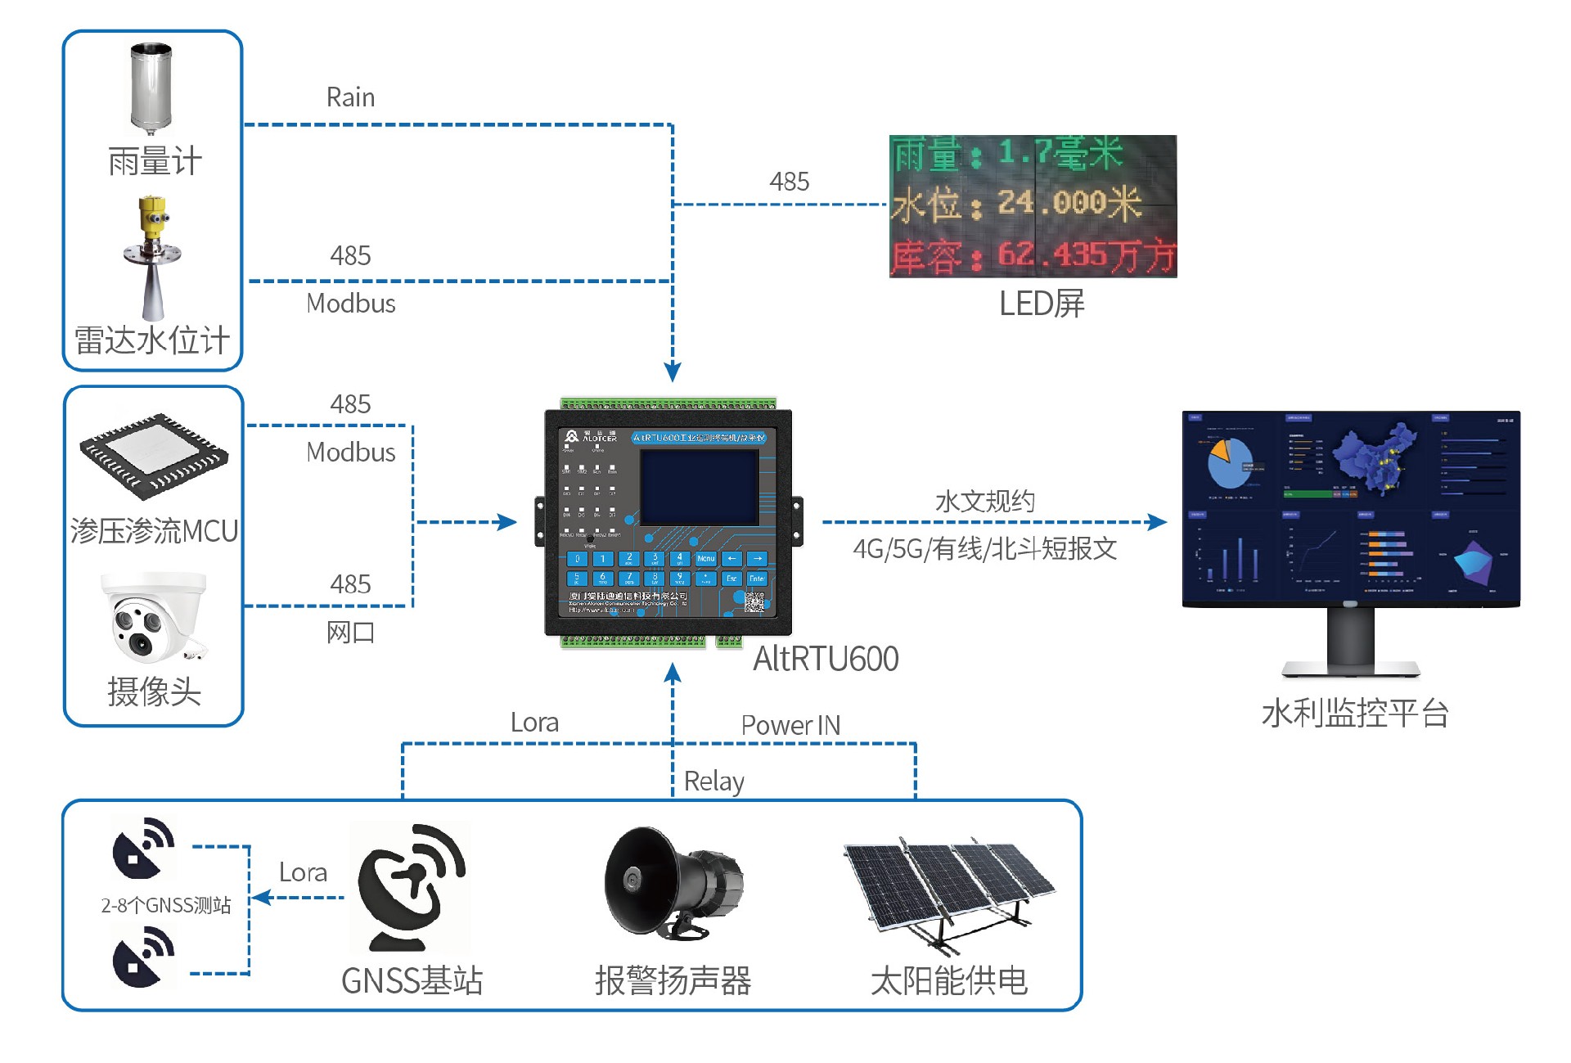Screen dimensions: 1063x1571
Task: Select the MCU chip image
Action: (x=154, y=454)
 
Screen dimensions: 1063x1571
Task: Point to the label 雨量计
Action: (x=155, y=161)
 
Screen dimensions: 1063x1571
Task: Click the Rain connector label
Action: (x=350, y=97)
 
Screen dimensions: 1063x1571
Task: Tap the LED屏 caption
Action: (x=1041, y=304)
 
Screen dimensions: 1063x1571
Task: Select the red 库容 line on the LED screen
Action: (x=1033, y=255)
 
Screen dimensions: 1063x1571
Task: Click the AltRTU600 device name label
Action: (x=825, y=659)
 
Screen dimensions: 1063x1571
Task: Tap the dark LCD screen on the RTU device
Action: (x=699, y=488)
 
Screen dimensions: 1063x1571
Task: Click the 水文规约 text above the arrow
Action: (x=984, y=501)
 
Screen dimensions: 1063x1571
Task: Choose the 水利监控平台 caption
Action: (x=1355, y=713)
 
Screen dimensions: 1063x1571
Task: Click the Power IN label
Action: (x=790, y=725)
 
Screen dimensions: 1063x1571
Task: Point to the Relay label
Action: (x=713, y=781)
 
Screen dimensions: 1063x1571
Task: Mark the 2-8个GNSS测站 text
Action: (x=166, y=905)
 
